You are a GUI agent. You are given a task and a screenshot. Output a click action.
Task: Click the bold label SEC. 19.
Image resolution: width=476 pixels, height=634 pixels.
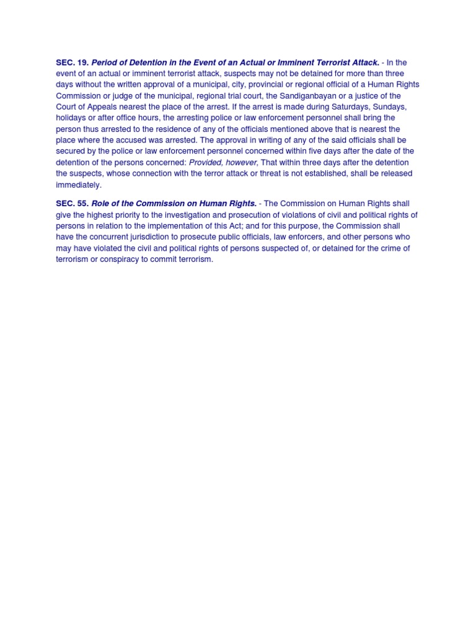(x=73, y=63)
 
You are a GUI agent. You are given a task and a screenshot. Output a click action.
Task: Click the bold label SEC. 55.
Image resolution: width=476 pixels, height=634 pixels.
(x=73, y=204)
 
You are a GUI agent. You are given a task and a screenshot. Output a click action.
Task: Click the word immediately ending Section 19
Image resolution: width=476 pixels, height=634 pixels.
(x=79, y=185)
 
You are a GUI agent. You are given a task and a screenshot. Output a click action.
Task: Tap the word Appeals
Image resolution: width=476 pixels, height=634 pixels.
(x=107, y=107)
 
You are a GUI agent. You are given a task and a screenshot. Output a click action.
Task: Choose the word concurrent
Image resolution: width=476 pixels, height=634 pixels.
(x=113, y=237)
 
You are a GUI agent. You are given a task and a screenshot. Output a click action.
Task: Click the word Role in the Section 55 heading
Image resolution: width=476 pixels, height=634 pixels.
(x=101, y=204)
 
